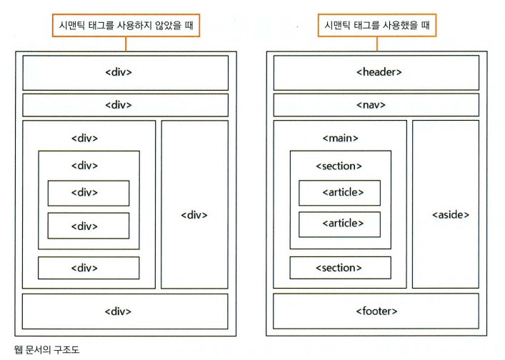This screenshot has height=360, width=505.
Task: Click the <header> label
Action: click(x=379, y=72)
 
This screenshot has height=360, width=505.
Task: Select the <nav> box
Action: click(x=376, y=105)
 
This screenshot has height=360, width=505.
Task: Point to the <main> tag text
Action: click(x=340, y=138)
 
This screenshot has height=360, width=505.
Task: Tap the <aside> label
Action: click(x=450, y=215)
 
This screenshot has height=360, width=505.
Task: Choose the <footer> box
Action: click(x=376, y=311)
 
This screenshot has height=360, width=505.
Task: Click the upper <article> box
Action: click(x=339, y=193)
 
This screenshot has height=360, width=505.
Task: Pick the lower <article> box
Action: click(x=339, y=224)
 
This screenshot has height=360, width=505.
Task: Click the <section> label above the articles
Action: click(x=339, y=166)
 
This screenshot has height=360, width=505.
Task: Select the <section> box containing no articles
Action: click(x=341, y=268)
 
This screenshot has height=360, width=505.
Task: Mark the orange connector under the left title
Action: click(x=126, y=44)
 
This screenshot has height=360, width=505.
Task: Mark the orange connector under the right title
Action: click(x=377, y=44)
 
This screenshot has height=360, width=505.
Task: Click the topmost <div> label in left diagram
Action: click(x=119, y=72)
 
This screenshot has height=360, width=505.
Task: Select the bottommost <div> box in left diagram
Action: click(x=125, y=311)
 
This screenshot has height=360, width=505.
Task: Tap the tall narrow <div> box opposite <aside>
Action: click(x=194, y=204)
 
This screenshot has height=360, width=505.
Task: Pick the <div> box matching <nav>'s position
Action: click(x=125, y=105)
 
